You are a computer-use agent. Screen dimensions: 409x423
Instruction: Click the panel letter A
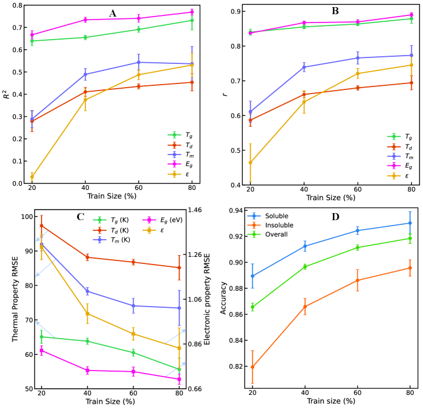coord(113,13)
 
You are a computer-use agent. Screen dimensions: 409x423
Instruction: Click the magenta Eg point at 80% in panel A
coord(192,12)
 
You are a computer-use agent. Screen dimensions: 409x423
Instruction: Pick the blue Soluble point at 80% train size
coord(409,223)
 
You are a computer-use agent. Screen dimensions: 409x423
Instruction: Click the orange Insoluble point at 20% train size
coord(253,367)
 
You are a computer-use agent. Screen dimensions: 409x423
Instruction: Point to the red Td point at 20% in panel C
coord(41,226)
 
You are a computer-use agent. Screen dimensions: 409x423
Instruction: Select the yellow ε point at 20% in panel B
coord(251,162)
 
